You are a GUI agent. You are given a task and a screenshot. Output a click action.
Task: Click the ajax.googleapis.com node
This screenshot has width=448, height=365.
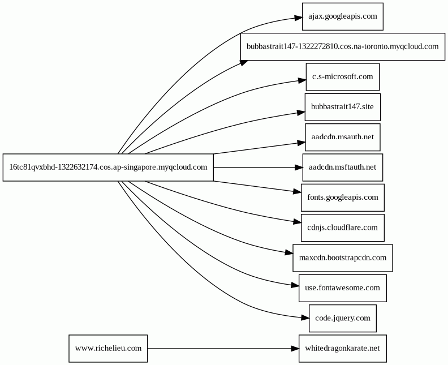[343, 16]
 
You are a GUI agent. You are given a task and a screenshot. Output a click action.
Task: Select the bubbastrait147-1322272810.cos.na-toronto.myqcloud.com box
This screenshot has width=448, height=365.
[343, 46]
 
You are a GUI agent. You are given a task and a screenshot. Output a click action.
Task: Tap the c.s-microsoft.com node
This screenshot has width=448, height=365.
[343, 77]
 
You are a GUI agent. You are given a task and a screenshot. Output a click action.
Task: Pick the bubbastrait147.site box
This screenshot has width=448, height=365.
[343, 107]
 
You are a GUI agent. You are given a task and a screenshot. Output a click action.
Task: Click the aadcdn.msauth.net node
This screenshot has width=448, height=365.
[343, 137]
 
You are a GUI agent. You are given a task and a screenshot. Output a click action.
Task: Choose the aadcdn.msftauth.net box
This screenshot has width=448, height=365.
[343, 168]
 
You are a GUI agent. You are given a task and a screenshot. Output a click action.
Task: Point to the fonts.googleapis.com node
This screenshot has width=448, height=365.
[343, 197]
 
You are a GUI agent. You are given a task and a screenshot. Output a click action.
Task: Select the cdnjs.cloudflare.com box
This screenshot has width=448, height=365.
[343, 228]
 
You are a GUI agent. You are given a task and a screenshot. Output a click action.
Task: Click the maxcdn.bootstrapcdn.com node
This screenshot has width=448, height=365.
[343, 258]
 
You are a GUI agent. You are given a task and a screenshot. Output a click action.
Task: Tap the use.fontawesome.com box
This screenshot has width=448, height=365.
[343, 288]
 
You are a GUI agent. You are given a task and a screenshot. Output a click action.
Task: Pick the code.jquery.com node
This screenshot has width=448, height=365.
[343, 319]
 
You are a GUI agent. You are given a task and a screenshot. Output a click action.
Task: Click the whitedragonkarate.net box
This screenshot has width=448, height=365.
[343, 349]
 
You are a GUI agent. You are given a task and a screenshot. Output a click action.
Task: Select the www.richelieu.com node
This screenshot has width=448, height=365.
[108, 349]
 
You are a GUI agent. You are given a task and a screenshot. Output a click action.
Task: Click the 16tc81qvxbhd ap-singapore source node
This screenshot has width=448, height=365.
[108, 168]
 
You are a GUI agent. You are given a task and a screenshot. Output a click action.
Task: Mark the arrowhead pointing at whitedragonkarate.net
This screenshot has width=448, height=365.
[295, 349]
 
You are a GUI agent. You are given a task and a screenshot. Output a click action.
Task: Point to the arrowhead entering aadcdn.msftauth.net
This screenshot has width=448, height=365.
[299, 168]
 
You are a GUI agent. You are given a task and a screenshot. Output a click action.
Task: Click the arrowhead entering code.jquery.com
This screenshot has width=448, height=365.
[305, 317]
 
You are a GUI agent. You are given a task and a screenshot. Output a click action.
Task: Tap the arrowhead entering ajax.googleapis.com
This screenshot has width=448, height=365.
[298, 18]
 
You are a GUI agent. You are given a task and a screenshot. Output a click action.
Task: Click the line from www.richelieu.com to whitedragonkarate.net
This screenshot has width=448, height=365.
[219, 349]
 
